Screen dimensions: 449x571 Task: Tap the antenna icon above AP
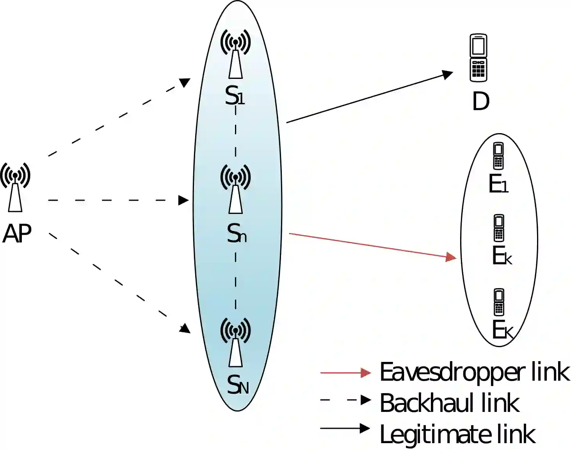click(x=15, y=187)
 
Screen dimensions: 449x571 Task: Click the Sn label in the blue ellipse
click(x=237, y=234)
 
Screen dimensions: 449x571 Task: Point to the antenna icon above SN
click(x=235, y=342)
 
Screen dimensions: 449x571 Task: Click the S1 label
click(x=235, y=96)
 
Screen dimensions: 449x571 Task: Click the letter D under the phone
click(x=480, y=102)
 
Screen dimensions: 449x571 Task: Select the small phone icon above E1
click(x=498, y=156)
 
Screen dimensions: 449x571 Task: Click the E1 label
click(x=498, y=184)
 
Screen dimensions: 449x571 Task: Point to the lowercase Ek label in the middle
click(x=502, y=256)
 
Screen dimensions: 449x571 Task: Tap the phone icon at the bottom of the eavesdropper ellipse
click(x=499, y=302)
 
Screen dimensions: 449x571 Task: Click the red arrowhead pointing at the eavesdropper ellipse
click(x=451, y=257)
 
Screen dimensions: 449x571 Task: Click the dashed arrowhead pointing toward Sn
click(x=183, y=200)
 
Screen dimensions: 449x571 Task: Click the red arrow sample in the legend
click(x=345, y=373)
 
